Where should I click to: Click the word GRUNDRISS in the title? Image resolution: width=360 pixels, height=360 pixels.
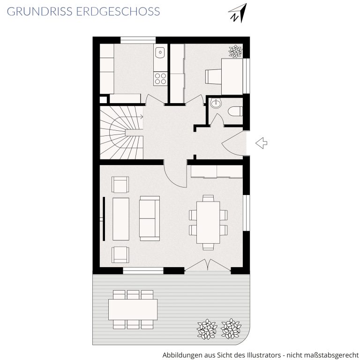point(39,11)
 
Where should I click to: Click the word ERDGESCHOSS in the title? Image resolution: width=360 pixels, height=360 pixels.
point(118,11)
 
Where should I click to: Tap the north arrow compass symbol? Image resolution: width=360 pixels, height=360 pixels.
point(238,13)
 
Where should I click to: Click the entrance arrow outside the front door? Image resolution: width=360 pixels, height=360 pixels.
point(261,143)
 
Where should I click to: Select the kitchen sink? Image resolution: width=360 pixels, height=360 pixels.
point(160,52)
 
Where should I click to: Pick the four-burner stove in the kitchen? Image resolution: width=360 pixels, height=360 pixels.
point(160,79)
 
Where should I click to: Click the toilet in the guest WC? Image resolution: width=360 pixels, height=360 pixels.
point(235,112)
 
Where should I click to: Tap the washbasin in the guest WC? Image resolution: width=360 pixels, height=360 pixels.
point(216,103)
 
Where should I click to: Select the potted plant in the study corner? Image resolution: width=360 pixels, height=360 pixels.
point(235,51)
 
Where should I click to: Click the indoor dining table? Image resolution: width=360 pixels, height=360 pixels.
point(208,223)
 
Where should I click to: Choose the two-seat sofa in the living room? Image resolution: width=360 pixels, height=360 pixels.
point(150,218)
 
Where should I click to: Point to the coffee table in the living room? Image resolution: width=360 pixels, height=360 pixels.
point(121,219)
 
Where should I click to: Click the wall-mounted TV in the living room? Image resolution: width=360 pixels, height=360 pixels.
point(104,219)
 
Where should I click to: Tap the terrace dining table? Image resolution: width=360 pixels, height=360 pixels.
point(133,309)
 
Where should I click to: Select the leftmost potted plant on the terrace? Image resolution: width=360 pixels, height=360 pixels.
point(207,329)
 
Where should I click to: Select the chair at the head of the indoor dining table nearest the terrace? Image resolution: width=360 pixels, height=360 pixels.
point(208,247)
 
